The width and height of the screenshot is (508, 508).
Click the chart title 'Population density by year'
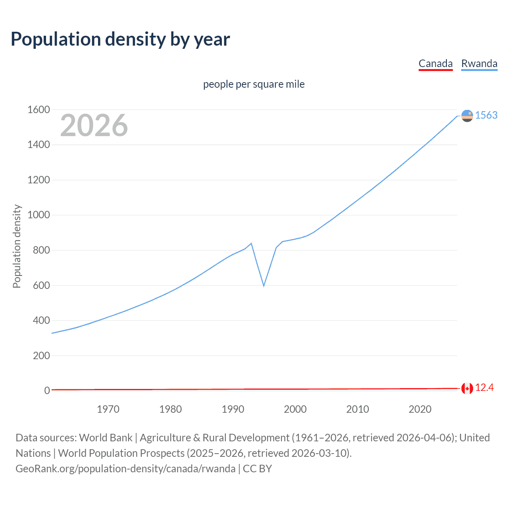(x=120, y=39)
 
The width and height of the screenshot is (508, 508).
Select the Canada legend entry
(x=435, y=63)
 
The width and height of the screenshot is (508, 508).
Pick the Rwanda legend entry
(x=479, y=63)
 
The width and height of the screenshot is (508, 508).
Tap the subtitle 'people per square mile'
(x=254, y=84)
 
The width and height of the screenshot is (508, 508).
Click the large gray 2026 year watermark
(x=94, y=125)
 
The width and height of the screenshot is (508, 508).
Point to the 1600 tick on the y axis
(x=38, y=110)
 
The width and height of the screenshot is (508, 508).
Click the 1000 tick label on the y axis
(x=38, y=215)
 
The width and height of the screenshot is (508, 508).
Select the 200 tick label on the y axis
(x=41, y=356)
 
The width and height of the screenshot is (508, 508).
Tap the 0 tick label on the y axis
(x=47, y=391)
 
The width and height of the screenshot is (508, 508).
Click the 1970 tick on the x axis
(x=108, y=409)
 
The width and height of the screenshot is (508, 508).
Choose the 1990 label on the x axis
(x=233, y=409)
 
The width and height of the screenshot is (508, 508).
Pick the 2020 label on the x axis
(x=420, y=409)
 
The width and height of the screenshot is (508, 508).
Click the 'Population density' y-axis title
(x=17, y=246)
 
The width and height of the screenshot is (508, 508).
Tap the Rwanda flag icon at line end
(x=467, y=115)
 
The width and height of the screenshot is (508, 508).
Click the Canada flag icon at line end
(x=467, y=388)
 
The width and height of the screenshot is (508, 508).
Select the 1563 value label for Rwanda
(x=486, y=115)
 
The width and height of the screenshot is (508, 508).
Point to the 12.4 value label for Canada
(x=484, y=388)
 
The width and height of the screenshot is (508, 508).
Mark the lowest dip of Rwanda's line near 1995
(x=264, y=285)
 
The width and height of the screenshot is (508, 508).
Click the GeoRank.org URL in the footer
(x=125, y=469)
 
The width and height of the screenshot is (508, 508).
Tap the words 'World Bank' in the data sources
(x=106, y=438)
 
